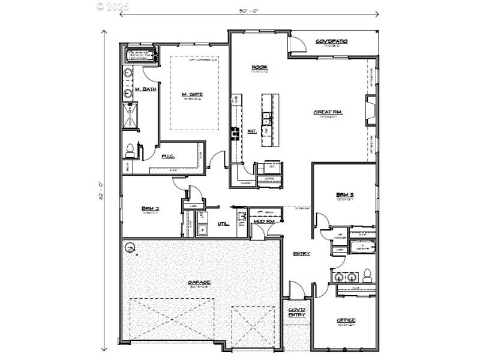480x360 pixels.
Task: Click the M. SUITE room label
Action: pos(192,94)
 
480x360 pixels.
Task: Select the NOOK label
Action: pos(259,67)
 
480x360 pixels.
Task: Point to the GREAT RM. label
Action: pos(328,112)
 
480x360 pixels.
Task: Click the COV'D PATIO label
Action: pos(332,41)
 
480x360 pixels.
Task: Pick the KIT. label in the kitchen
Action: pos(252,131)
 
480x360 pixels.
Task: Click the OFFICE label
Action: pos(346,320)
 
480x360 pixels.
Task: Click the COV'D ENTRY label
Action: pos(296,311)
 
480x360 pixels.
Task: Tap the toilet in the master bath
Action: pos(128,151)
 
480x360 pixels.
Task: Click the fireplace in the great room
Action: pos(371,112)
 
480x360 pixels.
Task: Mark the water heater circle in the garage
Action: pos(130,246)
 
